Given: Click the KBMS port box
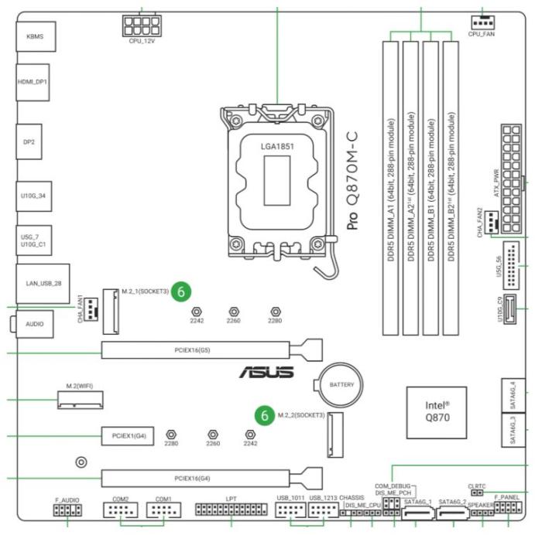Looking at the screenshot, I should (33, 36).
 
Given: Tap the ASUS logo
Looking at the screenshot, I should (268, 373).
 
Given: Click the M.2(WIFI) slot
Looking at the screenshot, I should (81, 399).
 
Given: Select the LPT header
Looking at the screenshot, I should (230, 511).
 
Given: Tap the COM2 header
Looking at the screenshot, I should (121, 511).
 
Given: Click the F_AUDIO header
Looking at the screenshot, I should (67, 511).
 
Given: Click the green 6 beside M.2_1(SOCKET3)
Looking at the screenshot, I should (181, 291).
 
